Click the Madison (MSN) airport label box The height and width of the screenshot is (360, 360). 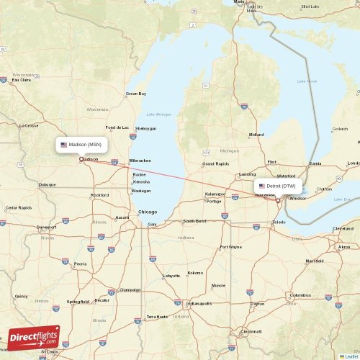point(82,145)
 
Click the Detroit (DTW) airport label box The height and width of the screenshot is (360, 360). point(277,186)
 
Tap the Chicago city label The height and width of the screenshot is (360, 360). point(148,212)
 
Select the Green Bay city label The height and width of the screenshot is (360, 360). point(136,94)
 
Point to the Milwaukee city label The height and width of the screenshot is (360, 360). point(140,160)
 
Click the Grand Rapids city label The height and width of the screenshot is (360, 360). point(215,163)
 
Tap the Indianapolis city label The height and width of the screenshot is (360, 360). point(199,303)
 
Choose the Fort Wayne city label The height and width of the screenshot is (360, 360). point(231,247)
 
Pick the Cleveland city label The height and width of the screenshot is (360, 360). point(343,228)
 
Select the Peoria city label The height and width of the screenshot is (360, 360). point(81,264)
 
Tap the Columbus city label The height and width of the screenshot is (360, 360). point(300,295)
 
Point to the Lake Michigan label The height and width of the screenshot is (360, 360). point(159,114)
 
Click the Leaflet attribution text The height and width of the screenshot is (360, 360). point(350,356)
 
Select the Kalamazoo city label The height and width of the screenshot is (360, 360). point(215,194)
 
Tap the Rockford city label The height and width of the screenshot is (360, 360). point(100,195)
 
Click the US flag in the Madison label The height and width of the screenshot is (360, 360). point(64,145)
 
